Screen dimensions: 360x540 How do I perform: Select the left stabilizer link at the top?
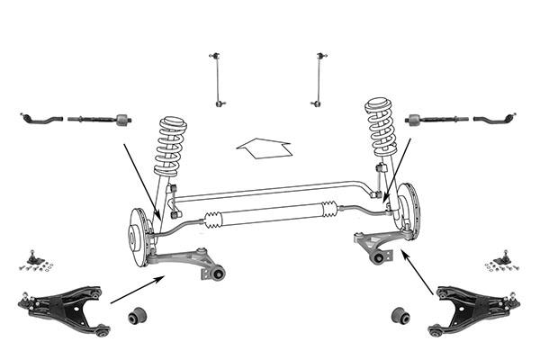(x=219, y=81)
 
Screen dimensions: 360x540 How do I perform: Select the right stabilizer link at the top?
(x=319, y=81)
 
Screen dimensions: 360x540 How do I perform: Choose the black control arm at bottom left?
(x=63, y=308)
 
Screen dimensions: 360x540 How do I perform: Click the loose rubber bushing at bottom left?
(x=139, y=316)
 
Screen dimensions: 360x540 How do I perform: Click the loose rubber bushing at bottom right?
(x=400, y=316)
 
